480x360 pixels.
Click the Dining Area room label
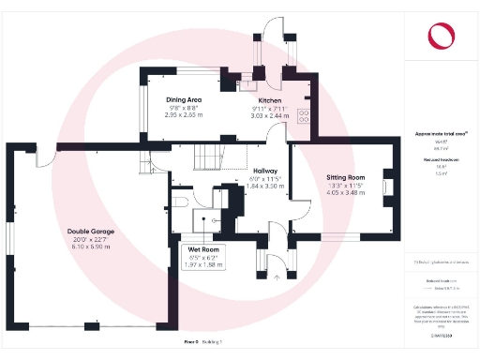(x=183, y=99)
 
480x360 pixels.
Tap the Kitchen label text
(x=270, y=99)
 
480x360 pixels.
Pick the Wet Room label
(x=203, y=249)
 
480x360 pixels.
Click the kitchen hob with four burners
(x=305, y=115)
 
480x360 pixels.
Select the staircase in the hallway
(x=206, y=150)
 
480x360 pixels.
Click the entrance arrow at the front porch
(x=277, y=277)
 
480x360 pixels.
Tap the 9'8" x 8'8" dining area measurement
(x=183, y=108)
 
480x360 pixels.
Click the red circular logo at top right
(x=441, y=35)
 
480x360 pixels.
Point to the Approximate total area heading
(x=442, y=134)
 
